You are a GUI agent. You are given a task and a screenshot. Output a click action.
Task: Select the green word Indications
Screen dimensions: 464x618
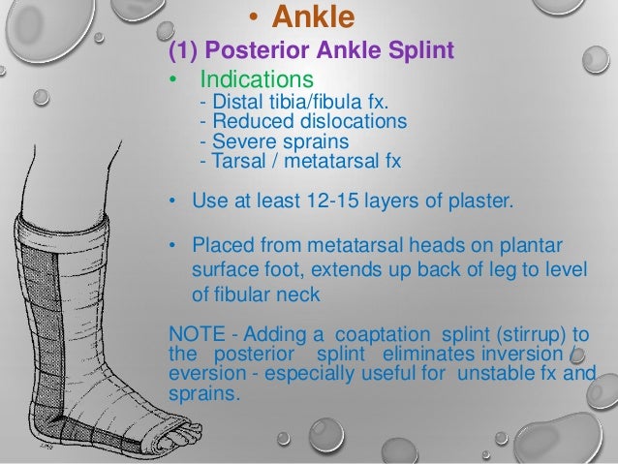click(x=256, y=77)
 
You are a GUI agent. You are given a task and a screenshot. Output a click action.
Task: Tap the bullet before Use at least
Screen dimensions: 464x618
click(x=170, y=203)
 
